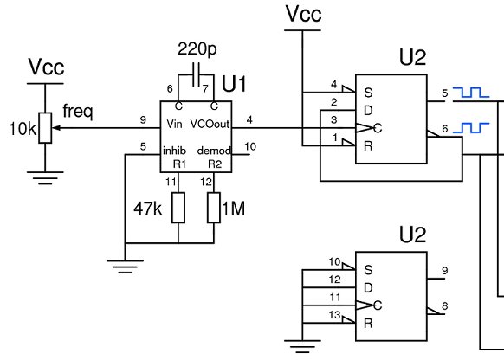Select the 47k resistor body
pos(178,208)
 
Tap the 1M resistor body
pos(214,208)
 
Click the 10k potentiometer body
pos(45,128)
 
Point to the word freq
pos(78,112)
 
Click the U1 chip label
pos(234,84)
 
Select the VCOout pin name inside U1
pos(210,124)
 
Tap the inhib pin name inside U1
pos(175,151)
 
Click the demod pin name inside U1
pos(214,151)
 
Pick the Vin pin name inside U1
pos(175,124)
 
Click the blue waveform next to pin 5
pos(471,93)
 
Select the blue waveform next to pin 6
pos(471,127)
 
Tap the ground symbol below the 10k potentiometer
pos(45,178)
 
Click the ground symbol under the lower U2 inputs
pos(302,346)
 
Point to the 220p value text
pos(197,49)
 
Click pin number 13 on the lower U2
pos(334,315)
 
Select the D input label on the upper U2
pos(368,111)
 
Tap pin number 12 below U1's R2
pos(206,182)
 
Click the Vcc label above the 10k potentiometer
pos(46,67)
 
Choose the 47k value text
pos(148,209)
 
